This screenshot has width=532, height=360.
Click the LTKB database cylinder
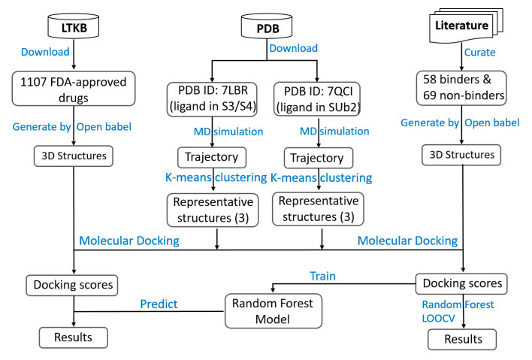74,26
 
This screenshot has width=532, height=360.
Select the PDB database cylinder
267,26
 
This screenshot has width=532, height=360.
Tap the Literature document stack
466,26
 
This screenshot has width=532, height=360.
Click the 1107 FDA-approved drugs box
74,89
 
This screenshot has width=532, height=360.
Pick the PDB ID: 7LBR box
212,99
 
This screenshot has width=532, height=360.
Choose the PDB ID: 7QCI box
317,99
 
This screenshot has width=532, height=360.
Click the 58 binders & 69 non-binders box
461,88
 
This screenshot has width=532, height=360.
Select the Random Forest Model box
273,311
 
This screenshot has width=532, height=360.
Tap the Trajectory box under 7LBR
212,157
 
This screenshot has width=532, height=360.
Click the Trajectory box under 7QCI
319,158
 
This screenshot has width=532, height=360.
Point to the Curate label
479,53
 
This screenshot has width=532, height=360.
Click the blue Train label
322,276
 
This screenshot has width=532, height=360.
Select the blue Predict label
159,304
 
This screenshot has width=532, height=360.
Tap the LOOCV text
438,318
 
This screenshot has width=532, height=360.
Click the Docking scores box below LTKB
72,286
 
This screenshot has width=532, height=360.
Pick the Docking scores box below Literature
461,283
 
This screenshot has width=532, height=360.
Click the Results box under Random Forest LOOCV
462,339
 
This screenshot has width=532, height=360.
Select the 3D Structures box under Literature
461,155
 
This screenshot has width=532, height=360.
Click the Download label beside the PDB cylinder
294,48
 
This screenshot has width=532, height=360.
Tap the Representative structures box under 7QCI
319,209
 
